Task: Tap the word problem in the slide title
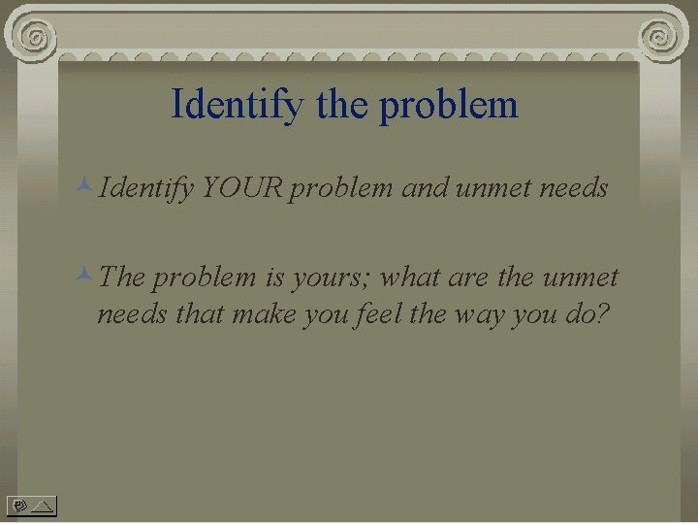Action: [449, 105]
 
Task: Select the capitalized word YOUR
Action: [241, 187]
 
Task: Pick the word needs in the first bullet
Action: [576, 187]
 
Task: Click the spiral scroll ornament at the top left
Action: [36, 37]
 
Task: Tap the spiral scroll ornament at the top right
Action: [660, 37]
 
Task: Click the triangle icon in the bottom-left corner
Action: [42, 505]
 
